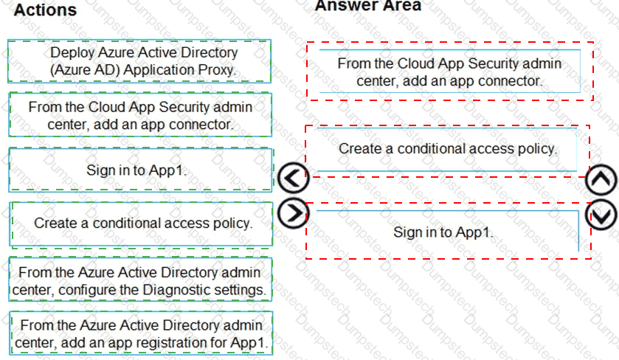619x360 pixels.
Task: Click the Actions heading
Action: point(45,10)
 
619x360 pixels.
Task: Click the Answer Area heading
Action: point(368,6)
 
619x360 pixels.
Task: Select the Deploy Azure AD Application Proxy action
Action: point(139,61)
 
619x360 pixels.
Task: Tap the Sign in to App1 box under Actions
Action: point(140,170)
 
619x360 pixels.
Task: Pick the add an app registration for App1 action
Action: point(141,333)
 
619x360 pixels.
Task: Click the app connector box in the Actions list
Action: point(140,115)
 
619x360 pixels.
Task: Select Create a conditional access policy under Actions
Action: point(141,224)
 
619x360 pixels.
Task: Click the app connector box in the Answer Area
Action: point(449,72)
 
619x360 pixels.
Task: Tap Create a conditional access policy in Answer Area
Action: point(447,149)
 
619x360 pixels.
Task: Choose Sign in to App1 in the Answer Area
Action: point(447,232)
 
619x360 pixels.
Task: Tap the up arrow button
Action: point(601,179)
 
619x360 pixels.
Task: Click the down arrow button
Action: point(601,215)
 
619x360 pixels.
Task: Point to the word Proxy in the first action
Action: point(217,70)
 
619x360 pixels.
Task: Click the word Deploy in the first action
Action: point(72,53)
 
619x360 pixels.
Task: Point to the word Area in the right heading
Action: point(404,6)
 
